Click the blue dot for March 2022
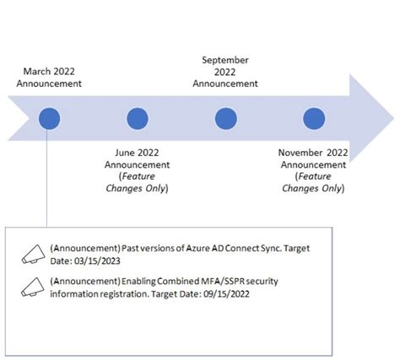coord(50,118)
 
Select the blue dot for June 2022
coord(137,118)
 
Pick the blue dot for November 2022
coord(313,118)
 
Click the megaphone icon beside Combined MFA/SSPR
coord(31,287)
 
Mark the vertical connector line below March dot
coord(50,177)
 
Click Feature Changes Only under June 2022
coord(137,181)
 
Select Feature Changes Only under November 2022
coord(313,181)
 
